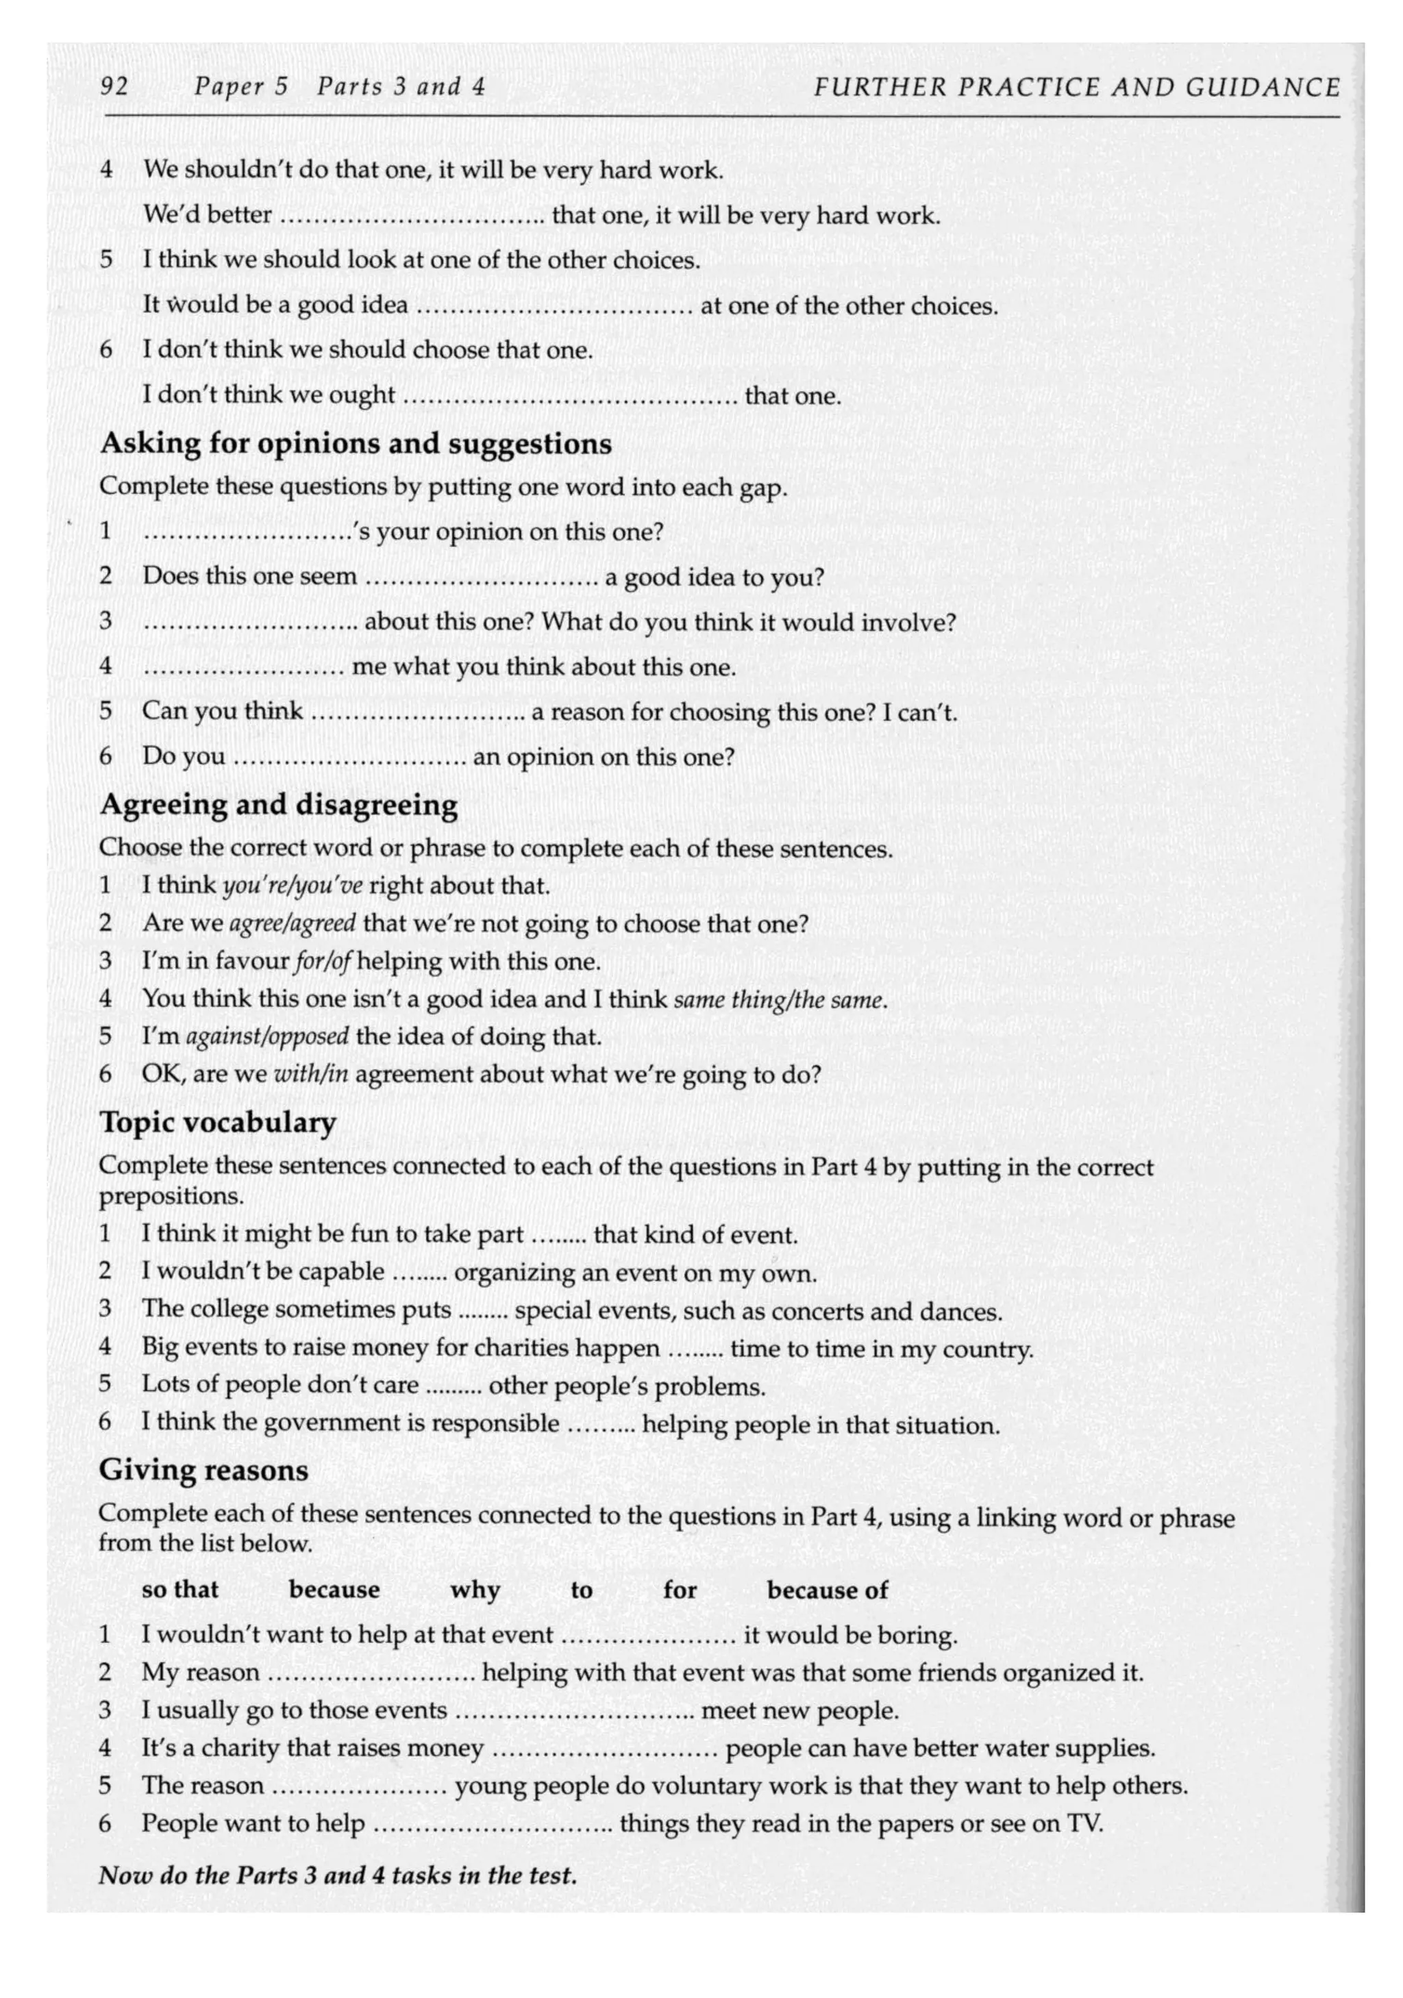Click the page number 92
[x=115, y=86]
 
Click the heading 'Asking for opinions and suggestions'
[x=355, y=443]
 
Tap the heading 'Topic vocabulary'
[x=218, y=1122]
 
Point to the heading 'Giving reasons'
[x=203, y=1470]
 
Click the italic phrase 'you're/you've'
[x=293, y=886]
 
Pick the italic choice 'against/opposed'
[x=267, y=1036]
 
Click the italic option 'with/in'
[x=311, y=1074]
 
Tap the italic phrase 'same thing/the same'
[x=780, y=999]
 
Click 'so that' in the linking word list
[x=180, y=1590]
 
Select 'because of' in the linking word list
[x=827, y=1590]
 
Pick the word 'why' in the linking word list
[x=474, y=1590]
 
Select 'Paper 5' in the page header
[x=241, y=86]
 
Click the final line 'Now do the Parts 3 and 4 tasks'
[x=338, y=1875]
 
